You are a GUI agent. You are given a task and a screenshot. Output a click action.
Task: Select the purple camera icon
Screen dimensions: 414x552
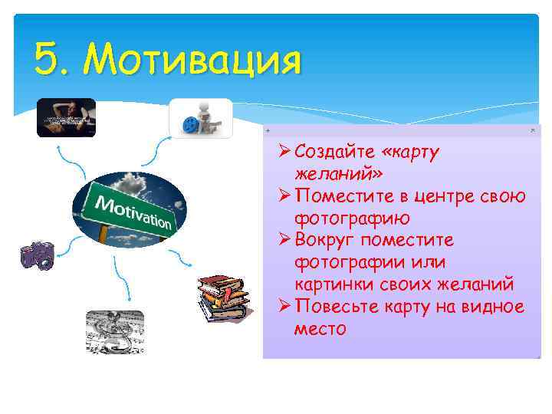pos(37,255)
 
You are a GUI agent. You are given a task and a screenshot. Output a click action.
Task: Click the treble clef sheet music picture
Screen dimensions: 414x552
pos(114,330)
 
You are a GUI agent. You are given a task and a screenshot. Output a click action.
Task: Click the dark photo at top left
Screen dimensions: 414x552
pos(66,117)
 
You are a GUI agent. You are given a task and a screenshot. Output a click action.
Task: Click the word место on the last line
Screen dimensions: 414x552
pos(320,329)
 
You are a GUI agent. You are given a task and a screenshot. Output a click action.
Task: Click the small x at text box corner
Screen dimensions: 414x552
pos(533,131)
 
